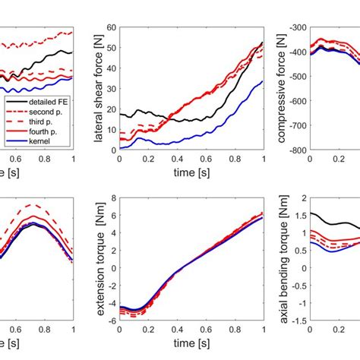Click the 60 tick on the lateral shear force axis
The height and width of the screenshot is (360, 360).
(112, 27)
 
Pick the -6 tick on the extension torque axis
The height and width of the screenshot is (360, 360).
(112, 321)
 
